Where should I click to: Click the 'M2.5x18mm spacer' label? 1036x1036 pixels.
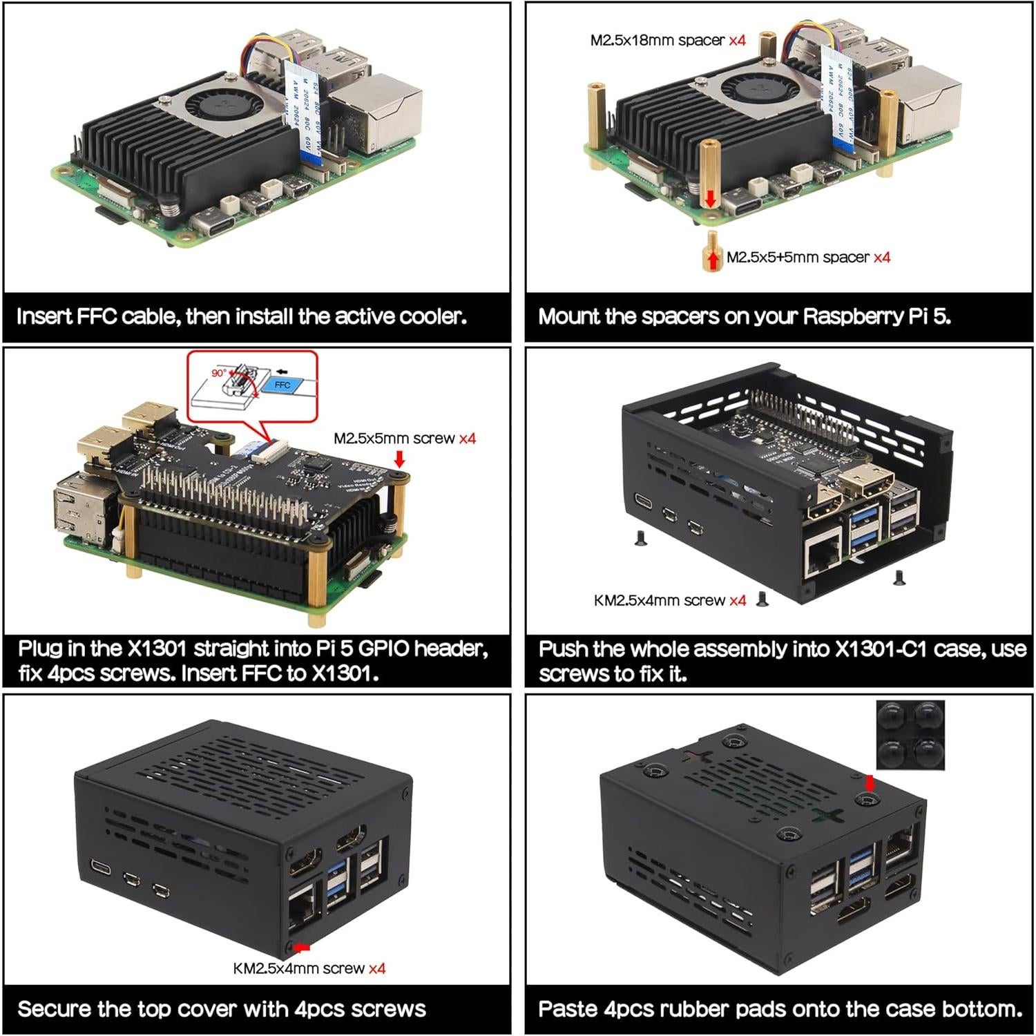pos(657,40)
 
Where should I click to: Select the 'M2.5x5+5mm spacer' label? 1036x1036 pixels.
pos(798,258)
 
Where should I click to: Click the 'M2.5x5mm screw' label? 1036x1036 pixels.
pos(394,439)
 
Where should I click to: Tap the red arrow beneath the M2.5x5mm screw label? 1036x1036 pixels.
pos(399,459)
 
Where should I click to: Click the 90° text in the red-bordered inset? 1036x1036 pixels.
pos(218,373)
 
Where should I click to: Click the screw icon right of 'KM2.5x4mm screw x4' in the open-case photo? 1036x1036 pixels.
pos(762,599)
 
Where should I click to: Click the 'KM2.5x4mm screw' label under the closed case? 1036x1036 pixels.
pos(298,969)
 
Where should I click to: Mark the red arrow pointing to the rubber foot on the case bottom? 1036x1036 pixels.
pos(870,783)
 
